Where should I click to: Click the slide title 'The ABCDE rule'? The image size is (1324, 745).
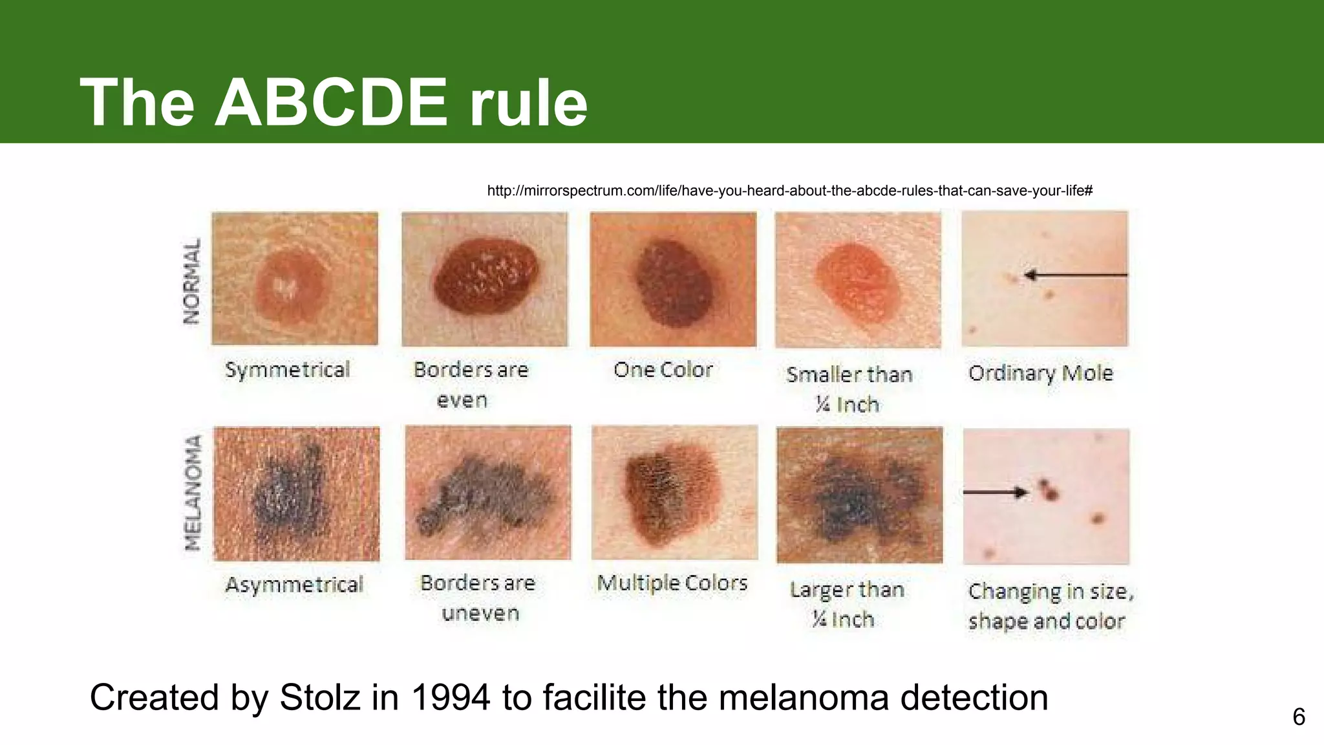coord(334,102)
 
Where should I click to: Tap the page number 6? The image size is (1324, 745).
coord(1299,717)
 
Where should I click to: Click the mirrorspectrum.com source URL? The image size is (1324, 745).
coord(789,191)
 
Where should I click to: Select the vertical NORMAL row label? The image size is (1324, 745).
coord(192,281)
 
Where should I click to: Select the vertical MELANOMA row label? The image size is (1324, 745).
coord(193,493)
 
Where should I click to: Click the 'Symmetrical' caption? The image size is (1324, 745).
coord(288,370)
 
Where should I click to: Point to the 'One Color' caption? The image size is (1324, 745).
coord(663,370)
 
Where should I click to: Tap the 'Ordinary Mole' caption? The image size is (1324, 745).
coord(1041,373)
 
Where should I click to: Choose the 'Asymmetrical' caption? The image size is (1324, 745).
coord(294,585)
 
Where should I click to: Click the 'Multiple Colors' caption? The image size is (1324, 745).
coord(672,583)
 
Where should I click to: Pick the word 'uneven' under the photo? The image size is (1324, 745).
coord(480,613)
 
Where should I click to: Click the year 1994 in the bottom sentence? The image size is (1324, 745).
coord(450,698)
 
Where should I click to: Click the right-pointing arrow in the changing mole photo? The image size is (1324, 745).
coord(996,492)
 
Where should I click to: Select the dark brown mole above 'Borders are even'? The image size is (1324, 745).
coord(486,276)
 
